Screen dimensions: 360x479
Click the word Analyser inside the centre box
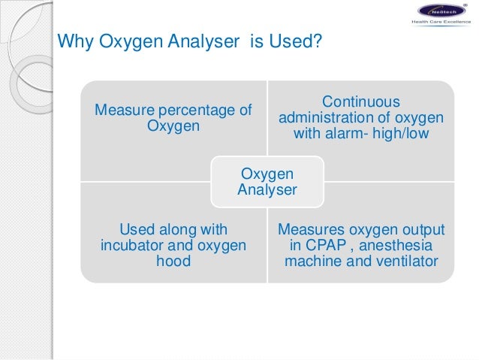[267, 189]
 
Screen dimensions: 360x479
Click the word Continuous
[360, 102]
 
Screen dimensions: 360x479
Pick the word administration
[325, 119]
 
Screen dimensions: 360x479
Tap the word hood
[174, 262]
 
